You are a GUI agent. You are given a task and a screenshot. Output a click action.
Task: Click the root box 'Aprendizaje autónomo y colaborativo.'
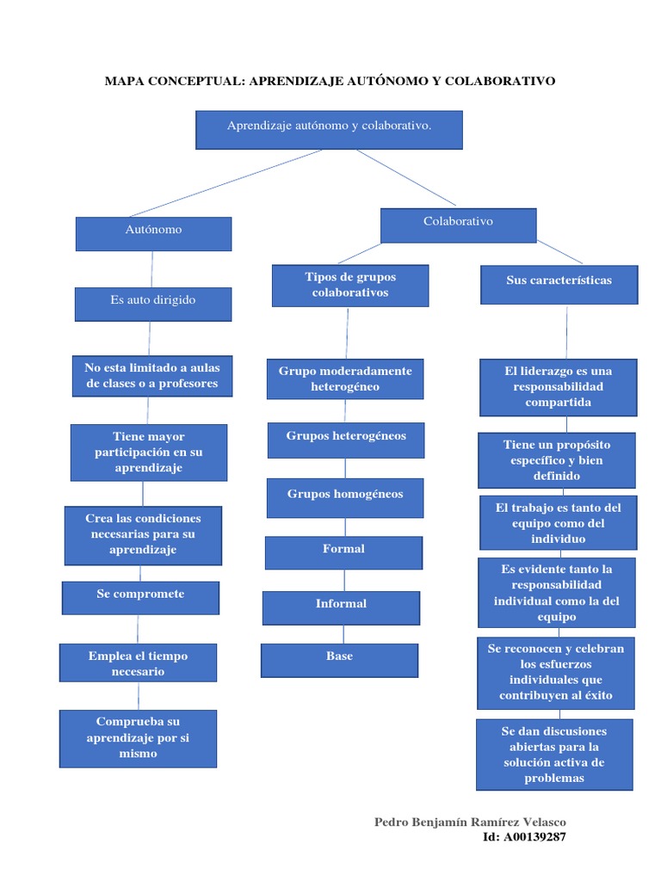point(329,129)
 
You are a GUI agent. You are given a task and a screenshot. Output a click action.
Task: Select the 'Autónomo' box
point(153,233)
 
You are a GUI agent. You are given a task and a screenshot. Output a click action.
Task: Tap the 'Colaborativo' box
point(458,225)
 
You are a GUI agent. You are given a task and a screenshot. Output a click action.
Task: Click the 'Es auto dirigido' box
point(153,304)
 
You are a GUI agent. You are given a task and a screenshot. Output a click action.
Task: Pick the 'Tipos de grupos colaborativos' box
point(349,286)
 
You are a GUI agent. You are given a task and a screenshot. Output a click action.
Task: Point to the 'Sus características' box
point(559,284)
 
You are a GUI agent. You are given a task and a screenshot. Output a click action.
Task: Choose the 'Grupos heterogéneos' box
point(345,440)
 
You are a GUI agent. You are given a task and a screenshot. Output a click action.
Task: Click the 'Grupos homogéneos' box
point(344,497)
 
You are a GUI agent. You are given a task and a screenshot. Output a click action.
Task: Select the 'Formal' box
point(343,552)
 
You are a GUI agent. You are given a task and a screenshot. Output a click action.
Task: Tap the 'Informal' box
point(341,607)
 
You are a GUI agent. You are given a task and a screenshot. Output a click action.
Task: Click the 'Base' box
point(339,660)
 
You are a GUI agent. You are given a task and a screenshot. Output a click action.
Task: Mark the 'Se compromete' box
point(140,597)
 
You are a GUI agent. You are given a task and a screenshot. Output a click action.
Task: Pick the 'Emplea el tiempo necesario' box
point(138,662)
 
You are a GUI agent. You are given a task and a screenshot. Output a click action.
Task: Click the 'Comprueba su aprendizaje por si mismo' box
point(138,738)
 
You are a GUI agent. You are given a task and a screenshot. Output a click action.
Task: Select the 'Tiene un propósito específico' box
point(557,460)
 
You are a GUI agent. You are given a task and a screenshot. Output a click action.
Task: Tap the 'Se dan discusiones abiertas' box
point(553,755)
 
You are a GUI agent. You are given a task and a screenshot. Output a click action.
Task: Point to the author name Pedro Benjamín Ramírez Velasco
point(470,822)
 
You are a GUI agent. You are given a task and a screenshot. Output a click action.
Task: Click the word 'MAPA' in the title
point(127,81)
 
